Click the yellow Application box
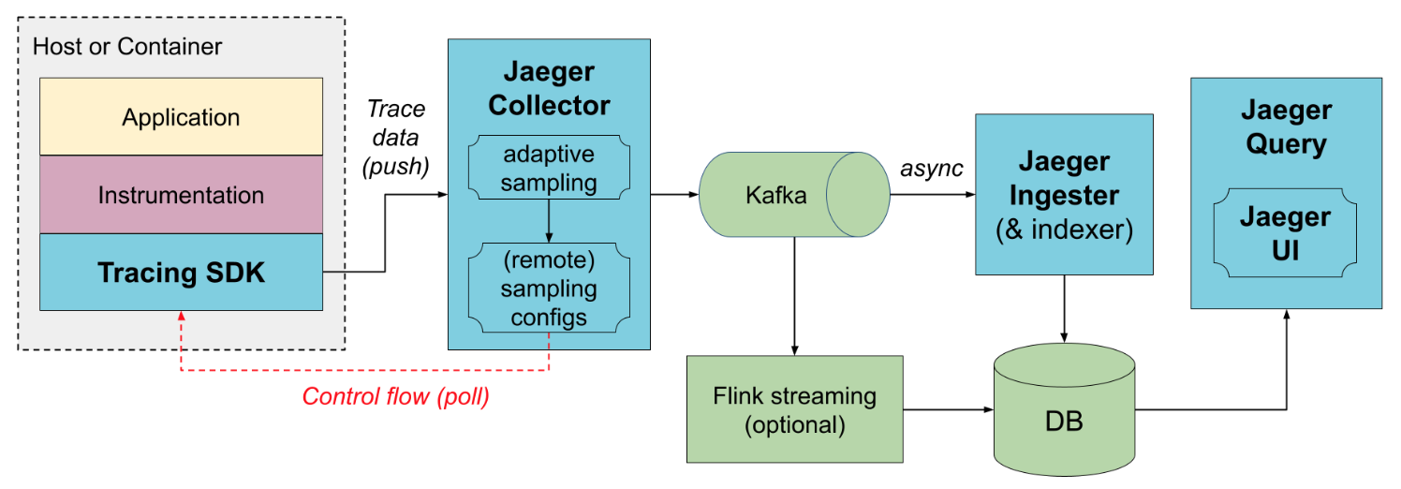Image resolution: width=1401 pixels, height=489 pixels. point(181,117)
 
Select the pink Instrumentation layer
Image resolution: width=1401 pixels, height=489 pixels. point(181,195)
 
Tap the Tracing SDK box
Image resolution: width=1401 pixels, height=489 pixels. point(181,273)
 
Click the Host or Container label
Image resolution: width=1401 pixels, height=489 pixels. point(127,46)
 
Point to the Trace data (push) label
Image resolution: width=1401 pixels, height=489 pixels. point(394,138)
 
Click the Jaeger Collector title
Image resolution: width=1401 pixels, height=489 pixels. point(549,88)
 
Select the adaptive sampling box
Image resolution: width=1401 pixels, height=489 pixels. point(549,168)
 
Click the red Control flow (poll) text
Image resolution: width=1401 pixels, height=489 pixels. point(395,396)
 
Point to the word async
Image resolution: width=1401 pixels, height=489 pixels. point(932,169)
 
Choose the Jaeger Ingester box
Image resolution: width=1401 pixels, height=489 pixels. point(1063,195)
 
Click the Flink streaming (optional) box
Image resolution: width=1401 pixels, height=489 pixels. point(794,409)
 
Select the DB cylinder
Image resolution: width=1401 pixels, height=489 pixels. point(1063,412)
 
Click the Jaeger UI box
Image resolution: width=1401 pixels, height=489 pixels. point(1285,234)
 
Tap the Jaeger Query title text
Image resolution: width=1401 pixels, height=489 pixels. point(1285,127)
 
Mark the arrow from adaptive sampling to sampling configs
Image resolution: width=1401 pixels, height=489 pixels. point(549,221)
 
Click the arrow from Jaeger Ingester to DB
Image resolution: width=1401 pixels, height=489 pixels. point(1063,309)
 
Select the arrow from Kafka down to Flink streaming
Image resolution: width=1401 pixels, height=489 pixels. point(794,295)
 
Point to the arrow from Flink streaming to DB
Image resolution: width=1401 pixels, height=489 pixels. point(946,409)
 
